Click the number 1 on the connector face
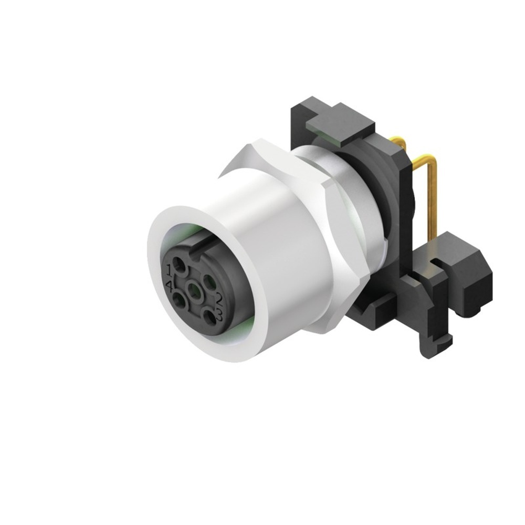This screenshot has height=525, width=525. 169,270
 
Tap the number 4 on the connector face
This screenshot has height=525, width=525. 170,287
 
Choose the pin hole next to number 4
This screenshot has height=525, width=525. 179,300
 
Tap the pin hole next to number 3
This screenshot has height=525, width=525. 209,317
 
